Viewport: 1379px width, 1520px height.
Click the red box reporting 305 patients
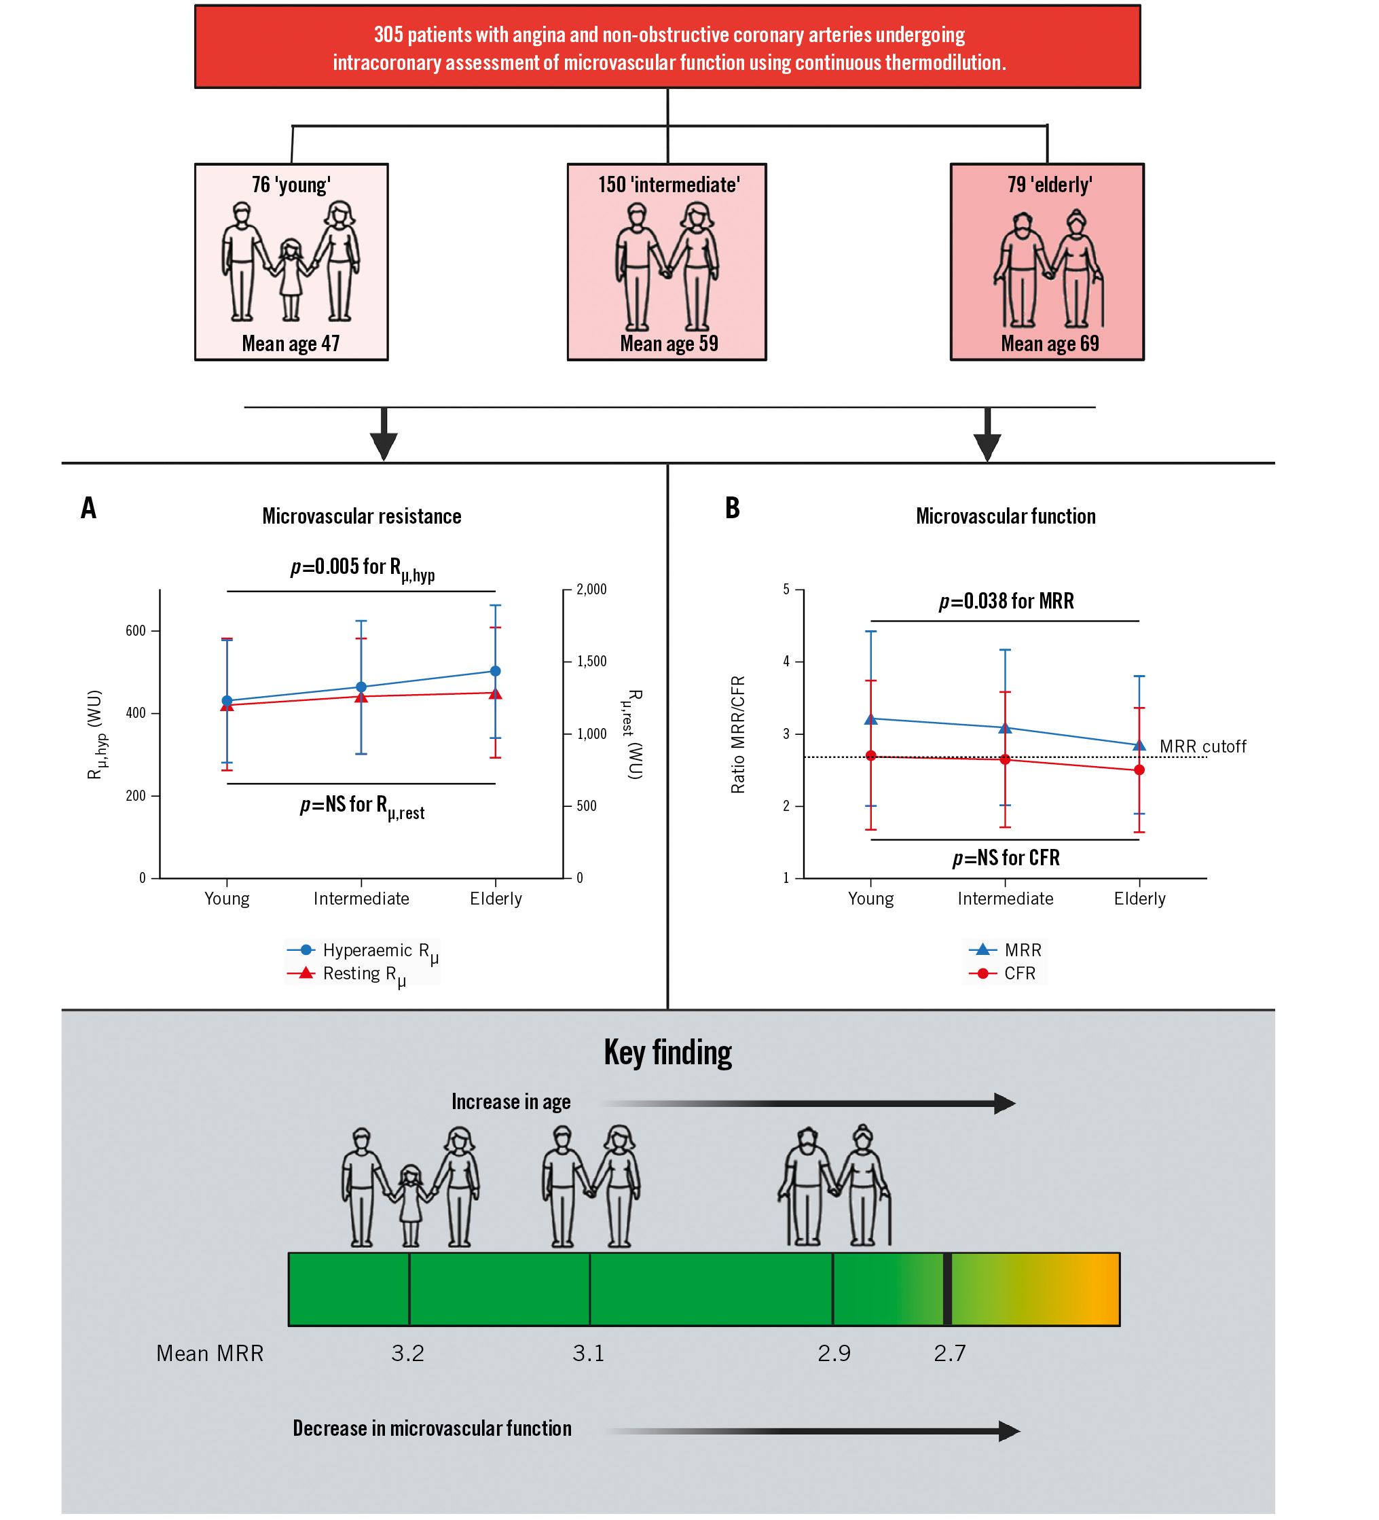[667, 48]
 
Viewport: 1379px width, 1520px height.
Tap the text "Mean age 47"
[291, 344]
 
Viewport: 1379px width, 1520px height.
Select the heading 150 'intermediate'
[668, 185]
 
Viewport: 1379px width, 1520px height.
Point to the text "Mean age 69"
[1049, 344]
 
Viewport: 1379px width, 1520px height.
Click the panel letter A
[89, 508]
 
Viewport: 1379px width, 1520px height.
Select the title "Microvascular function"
[1006, 516]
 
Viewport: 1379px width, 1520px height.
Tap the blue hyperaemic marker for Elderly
[495, 671]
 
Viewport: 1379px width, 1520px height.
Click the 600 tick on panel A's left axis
[136, 631]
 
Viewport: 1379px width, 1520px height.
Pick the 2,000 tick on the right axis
[591, 590]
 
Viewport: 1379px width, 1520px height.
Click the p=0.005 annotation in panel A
[363, 568]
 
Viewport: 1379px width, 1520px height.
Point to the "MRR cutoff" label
[1202, 746]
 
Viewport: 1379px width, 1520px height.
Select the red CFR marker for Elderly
[1139, 770]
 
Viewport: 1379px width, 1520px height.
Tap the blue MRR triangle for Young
[870, 719]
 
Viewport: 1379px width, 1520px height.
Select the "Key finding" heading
[667, 1053]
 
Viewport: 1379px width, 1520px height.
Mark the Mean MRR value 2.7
[949, 1354]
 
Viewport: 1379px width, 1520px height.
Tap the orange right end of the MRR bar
[1104, 1289]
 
